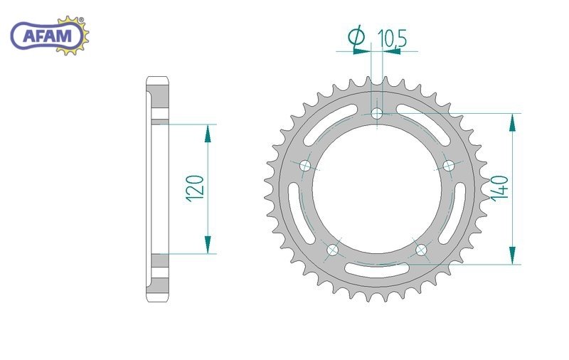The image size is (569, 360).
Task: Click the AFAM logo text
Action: point(48,36)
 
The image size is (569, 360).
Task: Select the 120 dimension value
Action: point(195,189)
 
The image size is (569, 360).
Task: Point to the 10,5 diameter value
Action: point(393,38)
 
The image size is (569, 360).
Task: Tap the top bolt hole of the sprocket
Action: point(377,114)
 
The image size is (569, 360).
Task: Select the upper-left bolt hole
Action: point(306,166)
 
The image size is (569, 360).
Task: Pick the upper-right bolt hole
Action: point(449,166)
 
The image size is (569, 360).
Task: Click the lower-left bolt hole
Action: point(332,250)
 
